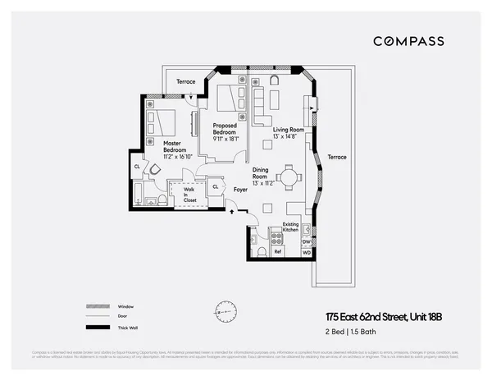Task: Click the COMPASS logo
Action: pyautogui.click(x=408, y=41)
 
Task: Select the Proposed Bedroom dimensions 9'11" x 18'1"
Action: pyautogui.click(x=224, y=139)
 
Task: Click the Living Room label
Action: pyautogui.click(x=289, y=130)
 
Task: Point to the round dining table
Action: pyautogui.click(x=288, y=177)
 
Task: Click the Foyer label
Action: pyautogui.click(x=240, y=190)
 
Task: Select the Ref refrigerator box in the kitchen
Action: pyautogui.click(x=277, y=251)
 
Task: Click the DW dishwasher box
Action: pyautogui.click(x=306, y=241)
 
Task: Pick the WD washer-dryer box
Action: pyautogui.click(x=306, y=252)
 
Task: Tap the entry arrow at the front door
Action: pyautogui.click(x=230, y=212)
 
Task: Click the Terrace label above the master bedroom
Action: pyautogui.click(x=186, y=82)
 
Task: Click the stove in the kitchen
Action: pyautogui.click(x=277, y=238)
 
